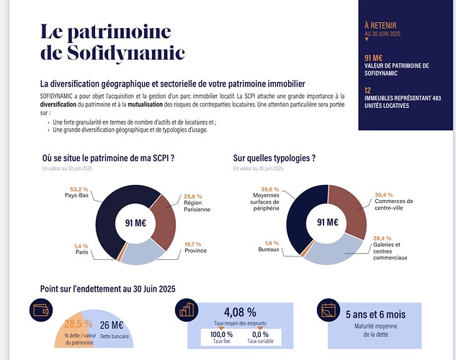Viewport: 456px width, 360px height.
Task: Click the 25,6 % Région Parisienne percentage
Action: pyautogui.click(x=193, y=196)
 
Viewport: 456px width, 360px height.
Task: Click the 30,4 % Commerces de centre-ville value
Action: pyautogui.click(x=383, y=194)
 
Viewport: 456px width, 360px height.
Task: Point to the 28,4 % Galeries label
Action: pyautogui.click(x=383, y=238)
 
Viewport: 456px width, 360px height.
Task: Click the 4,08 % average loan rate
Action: pyautogui.click(x=241, y=312)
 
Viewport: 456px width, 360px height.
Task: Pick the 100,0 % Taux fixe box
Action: pyautogui.click(x=217, y=336)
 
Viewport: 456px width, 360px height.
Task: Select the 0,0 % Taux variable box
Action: pyautogui.click(x=260, y=336)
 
